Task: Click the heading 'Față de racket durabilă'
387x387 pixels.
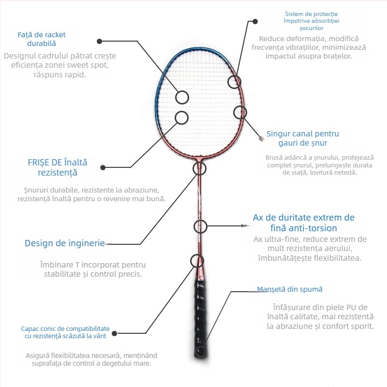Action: click(42, 39)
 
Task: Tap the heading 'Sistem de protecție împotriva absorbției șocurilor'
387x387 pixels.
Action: click(311, 21)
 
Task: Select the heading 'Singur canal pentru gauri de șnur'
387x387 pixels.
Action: click(303, 138)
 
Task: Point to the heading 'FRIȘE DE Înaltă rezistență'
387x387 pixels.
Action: click(58, 167)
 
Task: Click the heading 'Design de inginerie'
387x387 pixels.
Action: click(65, 243)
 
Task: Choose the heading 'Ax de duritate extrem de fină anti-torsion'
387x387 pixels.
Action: click(304, 223)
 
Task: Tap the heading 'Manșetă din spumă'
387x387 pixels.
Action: click(290, 289)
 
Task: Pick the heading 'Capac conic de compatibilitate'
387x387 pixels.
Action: click(65, 329)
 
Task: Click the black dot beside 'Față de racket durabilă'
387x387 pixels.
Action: click(100, 41)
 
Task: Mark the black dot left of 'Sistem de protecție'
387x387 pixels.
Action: click(255, 21)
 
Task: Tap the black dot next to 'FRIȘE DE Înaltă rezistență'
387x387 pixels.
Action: click(103, 167)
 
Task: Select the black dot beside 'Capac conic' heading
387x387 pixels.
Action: click(114, 333)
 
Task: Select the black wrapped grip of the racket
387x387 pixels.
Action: click(200, 318)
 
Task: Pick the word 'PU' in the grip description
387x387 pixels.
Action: click(351, 307)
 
